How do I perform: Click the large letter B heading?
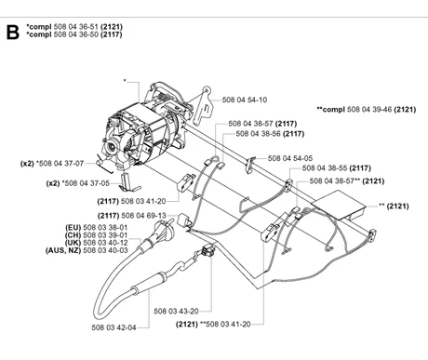coord(12,32)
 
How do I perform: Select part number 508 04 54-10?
coord(245,100)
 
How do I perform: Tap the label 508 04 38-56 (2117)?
coord(270,134)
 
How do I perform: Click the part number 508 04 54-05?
coord(290,158)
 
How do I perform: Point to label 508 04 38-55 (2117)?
coord(337,168)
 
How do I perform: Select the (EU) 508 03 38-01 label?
coord(96,227)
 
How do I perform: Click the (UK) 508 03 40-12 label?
coord(96,243)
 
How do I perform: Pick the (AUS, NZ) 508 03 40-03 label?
coord(87,250)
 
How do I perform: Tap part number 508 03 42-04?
coord(114,327)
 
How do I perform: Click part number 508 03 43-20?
coord(176,311)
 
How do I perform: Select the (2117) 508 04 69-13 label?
coord(132,216)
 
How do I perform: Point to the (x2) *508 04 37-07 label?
coord(52,163)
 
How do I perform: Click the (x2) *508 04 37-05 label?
coord(78,183)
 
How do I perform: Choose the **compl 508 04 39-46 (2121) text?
coord(367,109)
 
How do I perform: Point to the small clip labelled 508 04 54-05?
coord(249,165)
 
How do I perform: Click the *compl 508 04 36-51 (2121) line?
coord(74,27)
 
